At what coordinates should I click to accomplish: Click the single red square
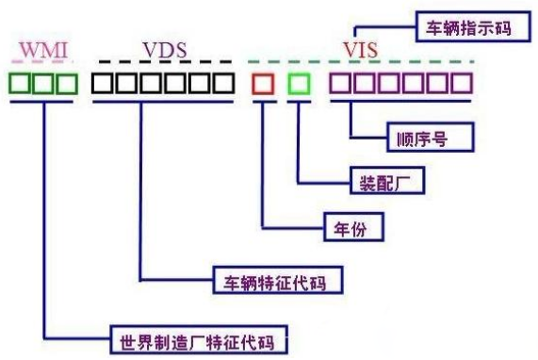(264, 84)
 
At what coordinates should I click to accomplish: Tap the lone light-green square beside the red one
(299, 84)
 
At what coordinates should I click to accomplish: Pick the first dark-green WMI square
(20, 84)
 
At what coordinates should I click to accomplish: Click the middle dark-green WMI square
(42, 84)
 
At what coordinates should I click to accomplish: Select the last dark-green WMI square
(65, 84)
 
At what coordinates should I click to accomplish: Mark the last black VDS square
(223, 84)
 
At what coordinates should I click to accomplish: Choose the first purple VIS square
(339, 84)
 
